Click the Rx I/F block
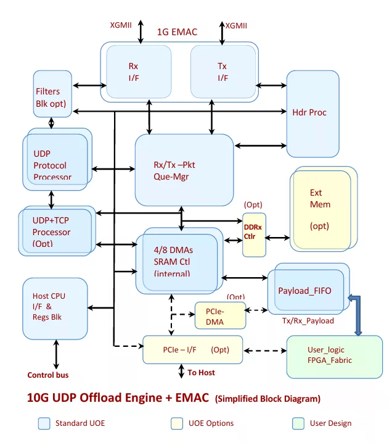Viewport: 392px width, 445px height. pos(139,72)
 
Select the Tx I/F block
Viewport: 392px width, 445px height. pos(223,72)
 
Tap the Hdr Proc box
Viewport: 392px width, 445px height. pos(312,114)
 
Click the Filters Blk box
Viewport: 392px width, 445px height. pos(52,94)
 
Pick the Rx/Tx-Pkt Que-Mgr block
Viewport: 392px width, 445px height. pos(184,170)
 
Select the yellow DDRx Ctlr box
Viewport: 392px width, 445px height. pos(254,235)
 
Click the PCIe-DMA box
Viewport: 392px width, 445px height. pos(220,315)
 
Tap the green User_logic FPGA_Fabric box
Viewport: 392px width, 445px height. pos(335,357)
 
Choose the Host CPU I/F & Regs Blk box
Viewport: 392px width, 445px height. pos(55,309)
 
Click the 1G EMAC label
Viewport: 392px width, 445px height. pos(177,32)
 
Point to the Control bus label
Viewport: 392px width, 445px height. pos(48,375)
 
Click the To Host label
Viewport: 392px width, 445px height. pos(202,373)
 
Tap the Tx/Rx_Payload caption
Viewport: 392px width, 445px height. pos(308,321)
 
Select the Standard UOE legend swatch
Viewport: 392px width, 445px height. pos(44,423)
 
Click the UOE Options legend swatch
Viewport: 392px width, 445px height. pos(177,423)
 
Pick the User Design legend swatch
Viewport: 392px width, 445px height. pos(298,423)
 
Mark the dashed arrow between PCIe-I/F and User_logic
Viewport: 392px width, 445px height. pos(265,351)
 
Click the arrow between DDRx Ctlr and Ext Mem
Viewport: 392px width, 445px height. pos(277,238)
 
